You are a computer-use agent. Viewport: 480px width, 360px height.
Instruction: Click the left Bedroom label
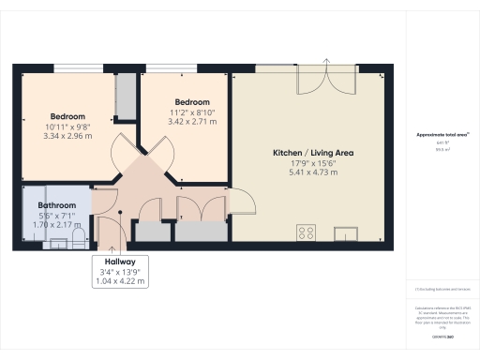[67, 116]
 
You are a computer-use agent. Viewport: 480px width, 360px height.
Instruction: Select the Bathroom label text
[56, 204]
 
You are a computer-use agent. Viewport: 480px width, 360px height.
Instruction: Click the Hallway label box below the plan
[121, 271]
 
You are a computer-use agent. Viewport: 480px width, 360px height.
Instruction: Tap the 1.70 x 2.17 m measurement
[56, 224]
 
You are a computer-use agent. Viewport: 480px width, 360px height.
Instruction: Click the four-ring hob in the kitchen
[306, 232]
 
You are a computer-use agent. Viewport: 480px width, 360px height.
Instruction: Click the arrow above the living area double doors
[327, 62]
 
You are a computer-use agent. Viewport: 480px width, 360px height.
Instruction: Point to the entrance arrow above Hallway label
[121, 246]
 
